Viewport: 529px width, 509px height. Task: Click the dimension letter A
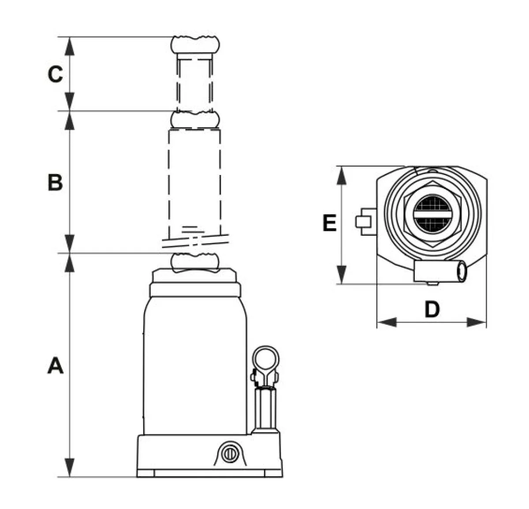56,366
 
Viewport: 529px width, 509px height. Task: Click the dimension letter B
55,182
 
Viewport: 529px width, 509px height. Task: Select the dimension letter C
55,74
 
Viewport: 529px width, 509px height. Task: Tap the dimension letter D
432,309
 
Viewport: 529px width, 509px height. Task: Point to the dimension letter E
329,223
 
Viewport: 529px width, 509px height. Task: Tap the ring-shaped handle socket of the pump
265,359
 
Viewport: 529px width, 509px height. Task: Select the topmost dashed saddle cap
195,45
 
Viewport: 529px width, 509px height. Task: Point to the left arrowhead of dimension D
387,322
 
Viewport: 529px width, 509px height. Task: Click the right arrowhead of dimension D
476,322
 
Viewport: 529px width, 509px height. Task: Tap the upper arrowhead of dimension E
342,176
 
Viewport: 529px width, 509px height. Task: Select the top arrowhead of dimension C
70,46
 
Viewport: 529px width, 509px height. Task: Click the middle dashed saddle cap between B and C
195,120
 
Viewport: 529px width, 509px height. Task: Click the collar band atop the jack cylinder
195,290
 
